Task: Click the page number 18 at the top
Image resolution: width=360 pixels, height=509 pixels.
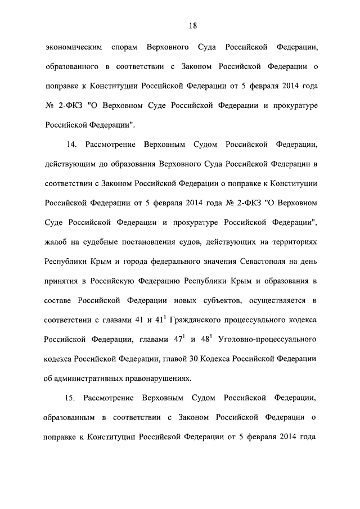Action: (x=192, y=25)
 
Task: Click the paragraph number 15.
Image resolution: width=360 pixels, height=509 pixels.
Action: (x=71, y=398)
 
